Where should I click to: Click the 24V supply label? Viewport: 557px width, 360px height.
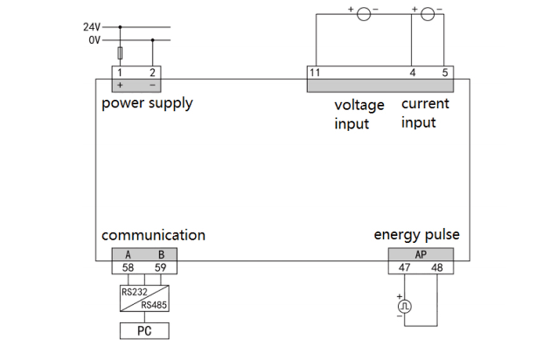pos(92,27)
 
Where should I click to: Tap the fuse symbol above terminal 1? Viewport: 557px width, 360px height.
pos(120,53)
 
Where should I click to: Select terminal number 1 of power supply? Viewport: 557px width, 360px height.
pos(120,72)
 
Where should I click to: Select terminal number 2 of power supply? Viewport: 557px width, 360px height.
pos(152,72)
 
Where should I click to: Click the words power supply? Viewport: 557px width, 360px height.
pos(147,103)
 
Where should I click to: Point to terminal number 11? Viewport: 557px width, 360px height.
pos(315,72)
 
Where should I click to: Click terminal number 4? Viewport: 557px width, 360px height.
pos(413,72)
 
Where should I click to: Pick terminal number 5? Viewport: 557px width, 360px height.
pos(444,72)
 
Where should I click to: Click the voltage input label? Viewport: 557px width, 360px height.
pos(360,114)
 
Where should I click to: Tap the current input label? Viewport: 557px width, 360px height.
pos(425,113)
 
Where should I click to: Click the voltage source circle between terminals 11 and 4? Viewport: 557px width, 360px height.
pos(364,14)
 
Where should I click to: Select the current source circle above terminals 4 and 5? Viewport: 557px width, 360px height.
pos(428,14)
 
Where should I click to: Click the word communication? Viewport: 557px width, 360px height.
pos(153,235)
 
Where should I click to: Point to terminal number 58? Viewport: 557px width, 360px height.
pos(129,267)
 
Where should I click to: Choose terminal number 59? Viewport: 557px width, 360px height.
pos(160,267)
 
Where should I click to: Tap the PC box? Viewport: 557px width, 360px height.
pos(144,331)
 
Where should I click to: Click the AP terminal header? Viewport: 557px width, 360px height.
pos(421,254)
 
